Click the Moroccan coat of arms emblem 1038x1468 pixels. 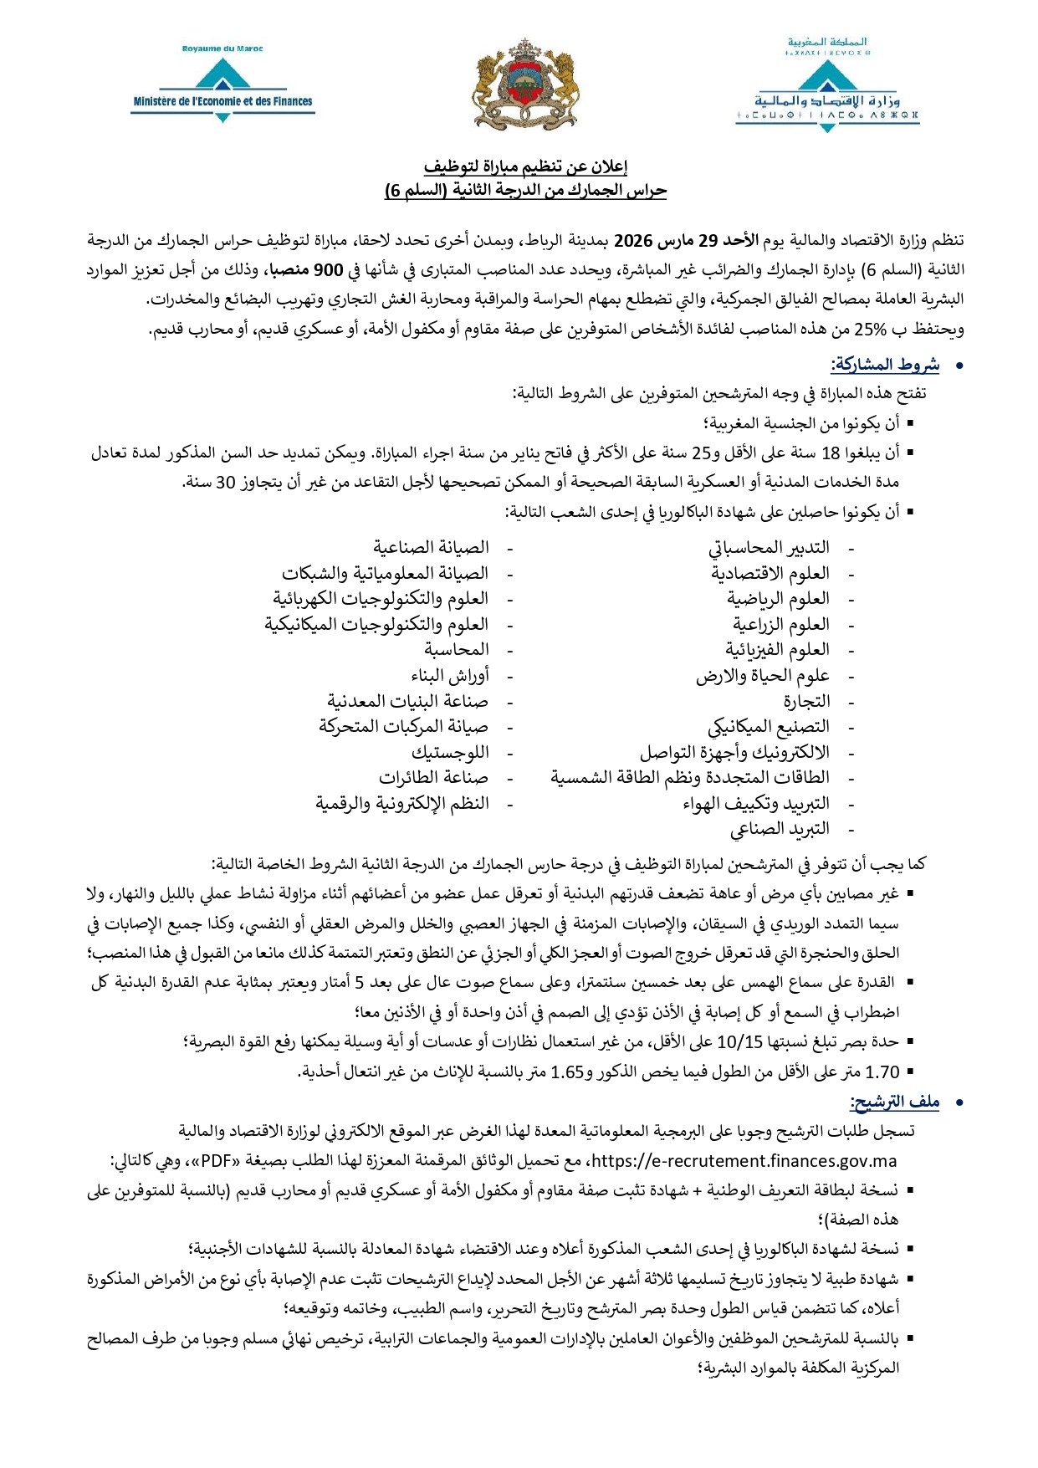pyautogui.click(x=526, y=84)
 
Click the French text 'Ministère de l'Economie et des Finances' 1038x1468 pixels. pyautogui.click(x=222, y=102)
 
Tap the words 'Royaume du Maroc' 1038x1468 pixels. pyautogui.click(x=222, y=49)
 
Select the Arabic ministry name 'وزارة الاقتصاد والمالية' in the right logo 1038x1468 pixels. pyautogui.click(x=826, y=100)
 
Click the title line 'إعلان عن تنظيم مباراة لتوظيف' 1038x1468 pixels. pyautogui.click(x=525, y=166)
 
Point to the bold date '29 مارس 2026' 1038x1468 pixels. pyautogui.click(x=667, y=241)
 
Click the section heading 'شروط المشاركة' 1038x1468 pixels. pyautogui.click(x=886, y=365)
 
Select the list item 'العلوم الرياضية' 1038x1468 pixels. pyautogui.click(x=778, y=599)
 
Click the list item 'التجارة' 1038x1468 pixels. pyautogui.click(x=806, y=701)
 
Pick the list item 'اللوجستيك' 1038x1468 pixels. pyautogui.click(x=450, y=752)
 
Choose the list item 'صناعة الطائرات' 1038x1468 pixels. pyautogui.click(x=433, y=778)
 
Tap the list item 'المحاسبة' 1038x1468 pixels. pyautogui.click(x=457, y=650)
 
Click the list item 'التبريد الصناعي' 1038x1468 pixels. pyautogui.click(x=780, y=829)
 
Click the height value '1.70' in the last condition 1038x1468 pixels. pyautogui.click(x=882, y=1072)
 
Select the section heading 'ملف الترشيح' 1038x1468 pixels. pyautogui.click(x=895, y=1102)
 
